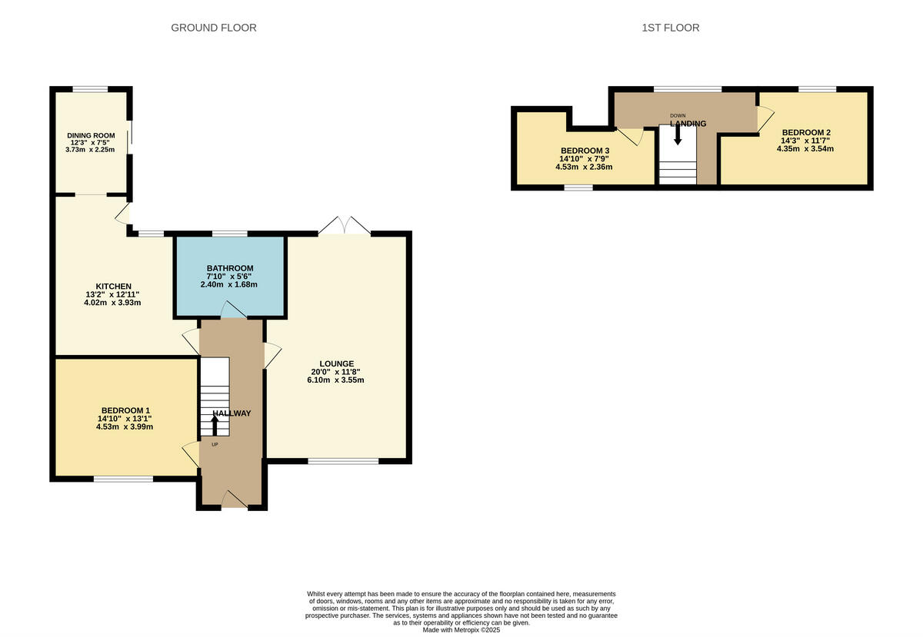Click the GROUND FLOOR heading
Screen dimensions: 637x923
click(x=213, y=28)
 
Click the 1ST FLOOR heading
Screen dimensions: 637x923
click(x=670, y=28)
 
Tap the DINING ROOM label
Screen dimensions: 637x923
click(x=90, y=135)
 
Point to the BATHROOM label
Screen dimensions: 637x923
click(x=229, y=267)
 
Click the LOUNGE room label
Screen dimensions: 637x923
click(x=337, y=363)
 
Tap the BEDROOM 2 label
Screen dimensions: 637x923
click(x=805, y=132)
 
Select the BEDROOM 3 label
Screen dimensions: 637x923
click(x=585, y=150)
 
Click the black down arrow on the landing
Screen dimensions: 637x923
click(x=678, y=134)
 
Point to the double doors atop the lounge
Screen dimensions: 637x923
click(x=344, y=226)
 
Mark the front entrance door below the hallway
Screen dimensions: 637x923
click(x=234, y=501)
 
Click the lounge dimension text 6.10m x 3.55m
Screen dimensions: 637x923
click(x=337, y=380)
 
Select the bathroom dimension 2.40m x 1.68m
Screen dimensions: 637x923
click(x=229, y=284)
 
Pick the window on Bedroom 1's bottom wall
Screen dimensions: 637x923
click(x=123, y=479)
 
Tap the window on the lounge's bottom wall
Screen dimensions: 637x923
click(x=343, y=461)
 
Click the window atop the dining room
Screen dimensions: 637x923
click(x=90, y=89)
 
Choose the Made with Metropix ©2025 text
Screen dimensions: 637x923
click(x=461, y=629)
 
